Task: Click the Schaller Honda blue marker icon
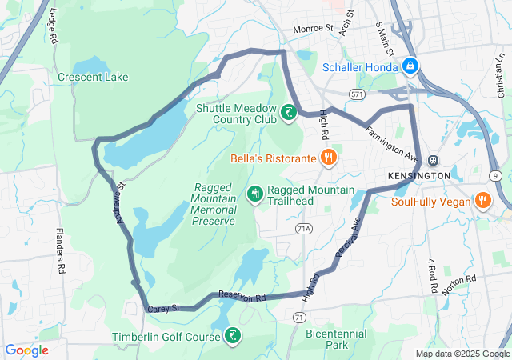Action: pos(410,65)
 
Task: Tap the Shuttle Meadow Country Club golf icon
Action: pos(289,113)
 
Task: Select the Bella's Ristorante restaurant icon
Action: pos(327,157)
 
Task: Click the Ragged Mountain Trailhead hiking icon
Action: pos(255,193)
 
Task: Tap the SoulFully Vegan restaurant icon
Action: pos(482,199)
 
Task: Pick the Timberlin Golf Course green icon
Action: pos(232,336)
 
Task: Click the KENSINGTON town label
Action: pos(419,175)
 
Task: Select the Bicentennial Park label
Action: pos(336,339)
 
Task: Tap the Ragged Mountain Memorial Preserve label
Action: pos(214,204)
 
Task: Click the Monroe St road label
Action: pos(312,29)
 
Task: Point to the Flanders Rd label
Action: pos(61,251)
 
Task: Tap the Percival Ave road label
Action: pos(349,237)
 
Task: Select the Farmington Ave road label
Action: pos(394,139)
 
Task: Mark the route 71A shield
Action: pos(303,229)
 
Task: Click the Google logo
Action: pos(26,350)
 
